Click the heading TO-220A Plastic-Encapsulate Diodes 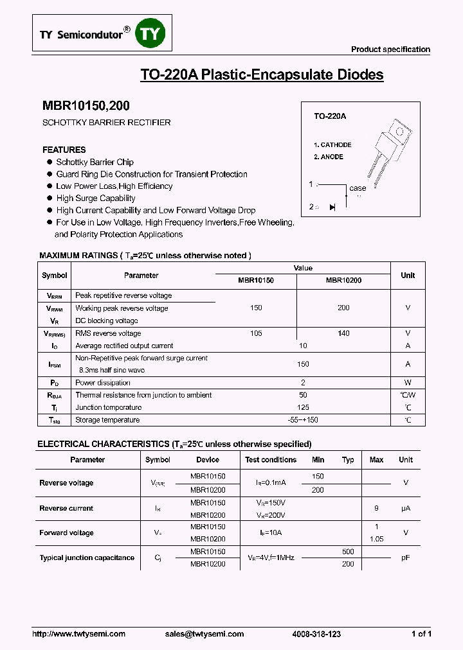262,75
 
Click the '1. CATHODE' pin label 332,145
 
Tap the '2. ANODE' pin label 329,157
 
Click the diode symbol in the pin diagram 332,207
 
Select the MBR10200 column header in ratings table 343,281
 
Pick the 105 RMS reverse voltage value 256,333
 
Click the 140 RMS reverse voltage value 343,333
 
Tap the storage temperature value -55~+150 304,420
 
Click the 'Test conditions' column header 271,460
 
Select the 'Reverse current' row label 66,508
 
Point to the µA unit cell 406,508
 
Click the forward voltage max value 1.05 377,539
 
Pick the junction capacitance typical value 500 348,552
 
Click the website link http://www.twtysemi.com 78,634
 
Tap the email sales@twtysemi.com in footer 204,634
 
